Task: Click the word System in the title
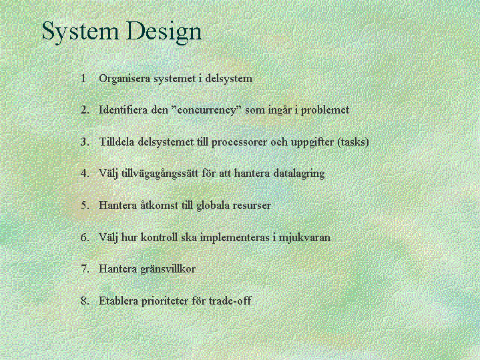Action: [x=80, y=31]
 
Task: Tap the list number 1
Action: [x=83, y=78]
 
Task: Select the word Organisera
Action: [x=125, y=79]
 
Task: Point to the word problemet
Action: [x=325, y=110]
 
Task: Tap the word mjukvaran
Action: [x=304, y=238]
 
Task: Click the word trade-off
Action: [x=230, y=301]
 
